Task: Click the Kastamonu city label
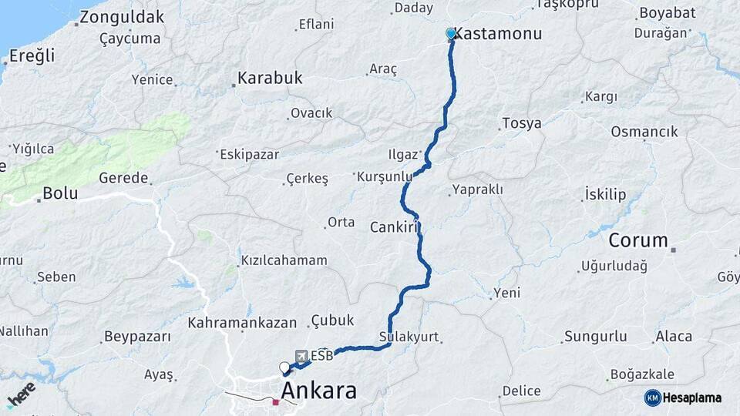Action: tap(499, 34)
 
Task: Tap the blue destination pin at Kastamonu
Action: tap(451, 34)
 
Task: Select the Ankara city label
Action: tap(318, 391)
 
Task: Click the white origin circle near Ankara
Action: tap(284, 367)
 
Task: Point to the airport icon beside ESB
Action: tap(301, 356)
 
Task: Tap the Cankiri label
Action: tap(394, 226)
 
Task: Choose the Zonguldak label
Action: tap(122, 17)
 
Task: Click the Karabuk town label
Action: tap(270, 78)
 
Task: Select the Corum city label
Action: tap(638, 240)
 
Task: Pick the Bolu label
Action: tap(60, 193)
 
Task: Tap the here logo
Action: tap(21, 394)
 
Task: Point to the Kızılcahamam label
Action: tap(284, 260)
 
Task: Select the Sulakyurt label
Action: tap(409, 337)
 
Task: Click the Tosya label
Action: tap(522, 123)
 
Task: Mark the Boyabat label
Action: tap(666, 12)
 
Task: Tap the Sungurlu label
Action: tap(596, 336)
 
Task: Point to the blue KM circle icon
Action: tap(653, 398)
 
